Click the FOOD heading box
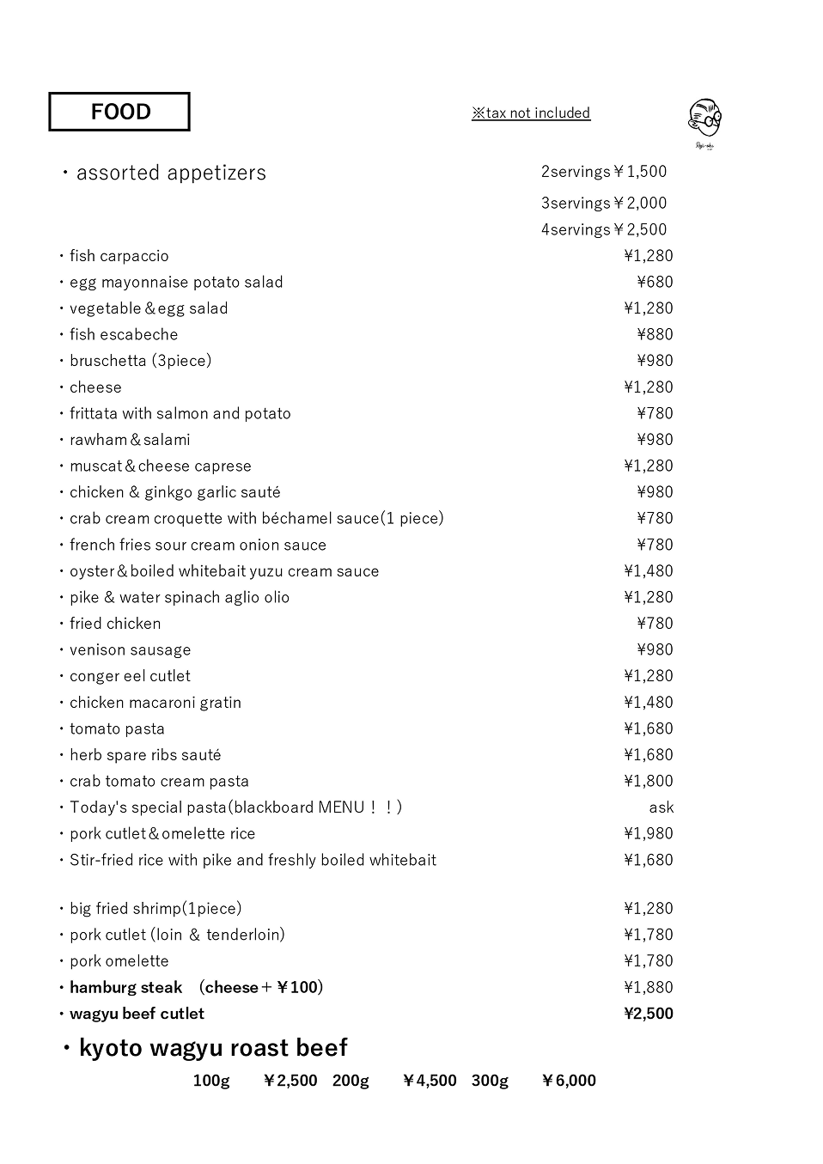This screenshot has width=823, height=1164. click(119, 112)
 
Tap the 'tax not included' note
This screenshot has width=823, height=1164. click(531, 113)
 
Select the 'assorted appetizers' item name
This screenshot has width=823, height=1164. click(171, 173)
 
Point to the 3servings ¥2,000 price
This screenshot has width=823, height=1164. click(604, 204)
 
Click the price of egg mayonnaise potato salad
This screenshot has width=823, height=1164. click(655, 282)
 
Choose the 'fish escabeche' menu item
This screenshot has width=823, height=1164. click(124, 335)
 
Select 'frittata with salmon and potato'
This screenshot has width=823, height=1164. click(180, 413)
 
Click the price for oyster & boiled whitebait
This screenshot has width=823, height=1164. click(648, 571)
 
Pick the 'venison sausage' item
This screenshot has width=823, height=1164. click(131, 650)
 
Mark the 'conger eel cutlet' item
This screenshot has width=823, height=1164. click(131, 676)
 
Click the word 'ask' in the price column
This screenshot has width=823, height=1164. click(661, 807)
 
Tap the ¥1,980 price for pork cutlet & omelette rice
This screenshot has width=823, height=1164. click(648, 833)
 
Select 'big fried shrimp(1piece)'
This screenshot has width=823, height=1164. click(155, 909)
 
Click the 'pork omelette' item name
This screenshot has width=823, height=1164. click(119, 961)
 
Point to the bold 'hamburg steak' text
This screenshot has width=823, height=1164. click(126, 988)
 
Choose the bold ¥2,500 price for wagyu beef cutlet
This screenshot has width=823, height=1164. click(648, 1014)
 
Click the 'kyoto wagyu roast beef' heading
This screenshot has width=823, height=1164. click(213, 1048)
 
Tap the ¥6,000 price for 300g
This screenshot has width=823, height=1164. click(569, 1081)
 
